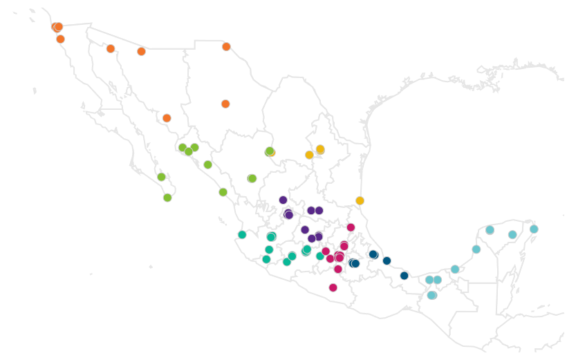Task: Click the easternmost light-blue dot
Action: [534, 229]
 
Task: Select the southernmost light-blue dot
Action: [432, 295]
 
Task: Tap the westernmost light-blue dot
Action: [429, 280]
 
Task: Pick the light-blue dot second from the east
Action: [512, 235]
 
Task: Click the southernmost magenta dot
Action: [333, 287]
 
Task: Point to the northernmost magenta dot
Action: [351, 227]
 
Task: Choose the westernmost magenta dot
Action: [326, 252]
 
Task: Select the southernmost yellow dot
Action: [360, 201]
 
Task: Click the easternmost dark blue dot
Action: [405, 276]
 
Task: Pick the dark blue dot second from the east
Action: [387, 260]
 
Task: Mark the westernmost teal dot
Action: [242, 235]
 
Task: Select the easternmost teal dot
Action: [320, 256]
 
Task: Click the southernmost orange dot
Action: [167, 118]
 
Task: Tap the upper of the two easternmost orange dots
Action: [226, 46]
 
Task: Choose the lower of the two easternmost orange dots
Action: [225, 104]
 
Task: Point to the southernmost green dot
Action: [167, 198]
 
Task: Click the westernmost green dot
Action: [161, 177]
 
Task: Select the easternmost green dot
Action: [270, 151]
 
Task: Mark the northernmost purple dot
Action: [283, 200]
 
